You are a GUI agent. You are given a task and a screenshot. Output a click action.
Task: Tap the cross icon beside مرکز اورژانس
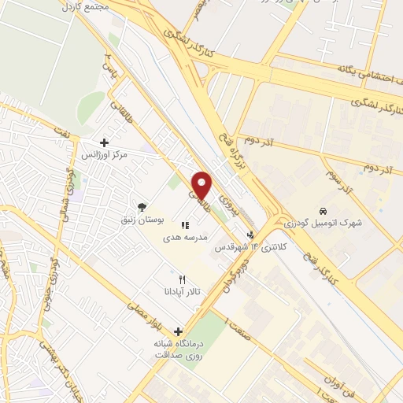click(x=104, y=142)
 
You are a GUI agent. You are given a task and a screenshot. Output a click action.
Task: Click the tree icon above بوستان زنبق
click(x=142, y=206)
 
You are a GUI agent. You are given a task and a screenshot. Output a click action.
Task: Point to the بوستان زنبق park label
click(x=141, y=219)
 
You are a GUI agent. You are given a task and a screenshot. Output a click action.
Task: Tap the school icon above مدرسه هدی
click(x=185, y=226)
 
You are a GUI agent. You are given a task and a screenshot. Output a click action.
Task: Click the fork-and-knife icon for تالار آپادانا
click(x=183, y=279)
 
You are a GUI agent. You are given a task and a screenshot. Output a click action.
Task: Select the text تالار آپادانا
click(x=183, y=292)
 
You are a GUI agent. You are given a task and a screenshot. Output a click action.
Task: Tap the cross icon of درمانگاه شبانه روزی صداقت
click(x=179, y=331)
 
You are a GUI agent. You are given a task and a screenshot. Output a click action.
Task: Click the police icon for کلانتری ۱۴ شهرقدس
click(x=251, y=235)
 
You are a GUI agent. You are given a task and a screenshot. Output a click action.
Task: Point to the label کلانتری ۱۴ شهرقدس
click(x=251, y=247)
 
